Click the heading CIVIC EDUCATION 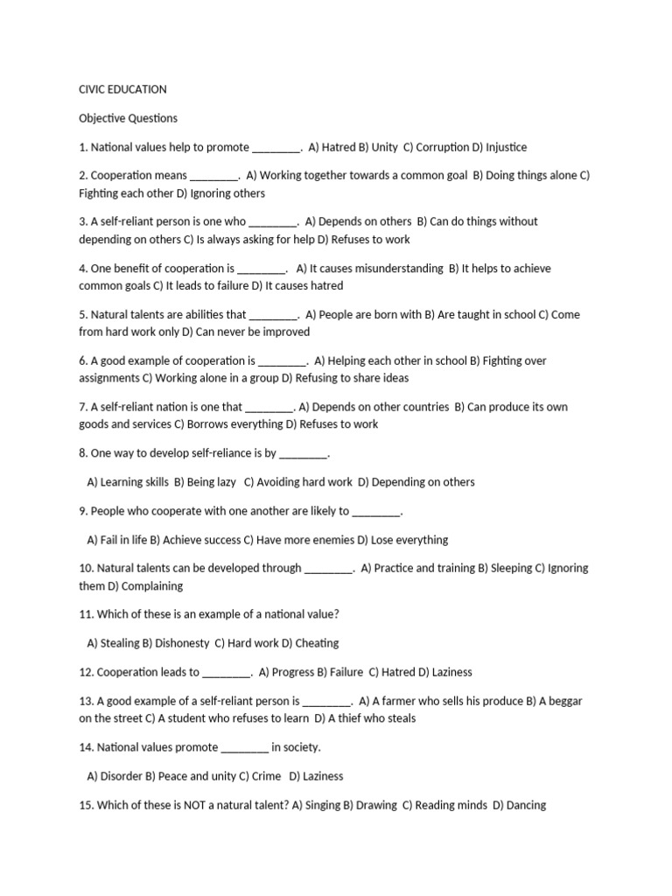pos(122,89)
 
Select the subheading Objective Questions pos(128,118)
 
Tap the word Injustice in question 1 pos(507,147)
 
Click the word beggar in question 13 pos(562,701)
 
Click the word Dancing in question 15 pos(526,805)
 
